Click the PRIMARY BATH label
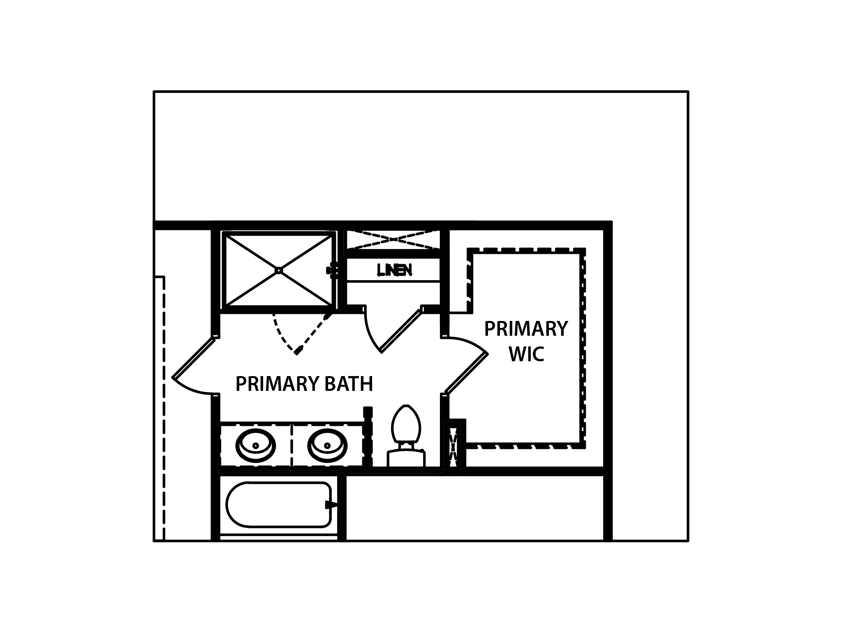click(x=304, y=384)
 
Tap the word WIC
click(x=527, y=354)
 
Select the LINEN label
click(x=394, y=270)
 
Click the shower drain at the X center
click(x=278, y=270)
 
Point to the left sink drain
click(x=256, y=446)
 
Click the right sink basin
click(x=328, y=445)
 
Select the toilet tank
click(x=406, y=458)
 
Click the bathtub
click(x=278, y=504)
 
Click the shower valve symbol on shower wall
click(x=332, y=270)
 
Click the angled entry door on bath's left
click(x=194, y=357)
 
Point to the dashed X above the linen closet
click(x=393, y=239)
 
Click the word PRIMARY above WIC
click(x=526, y=329)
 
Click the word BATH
click(x=349, y=384)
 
